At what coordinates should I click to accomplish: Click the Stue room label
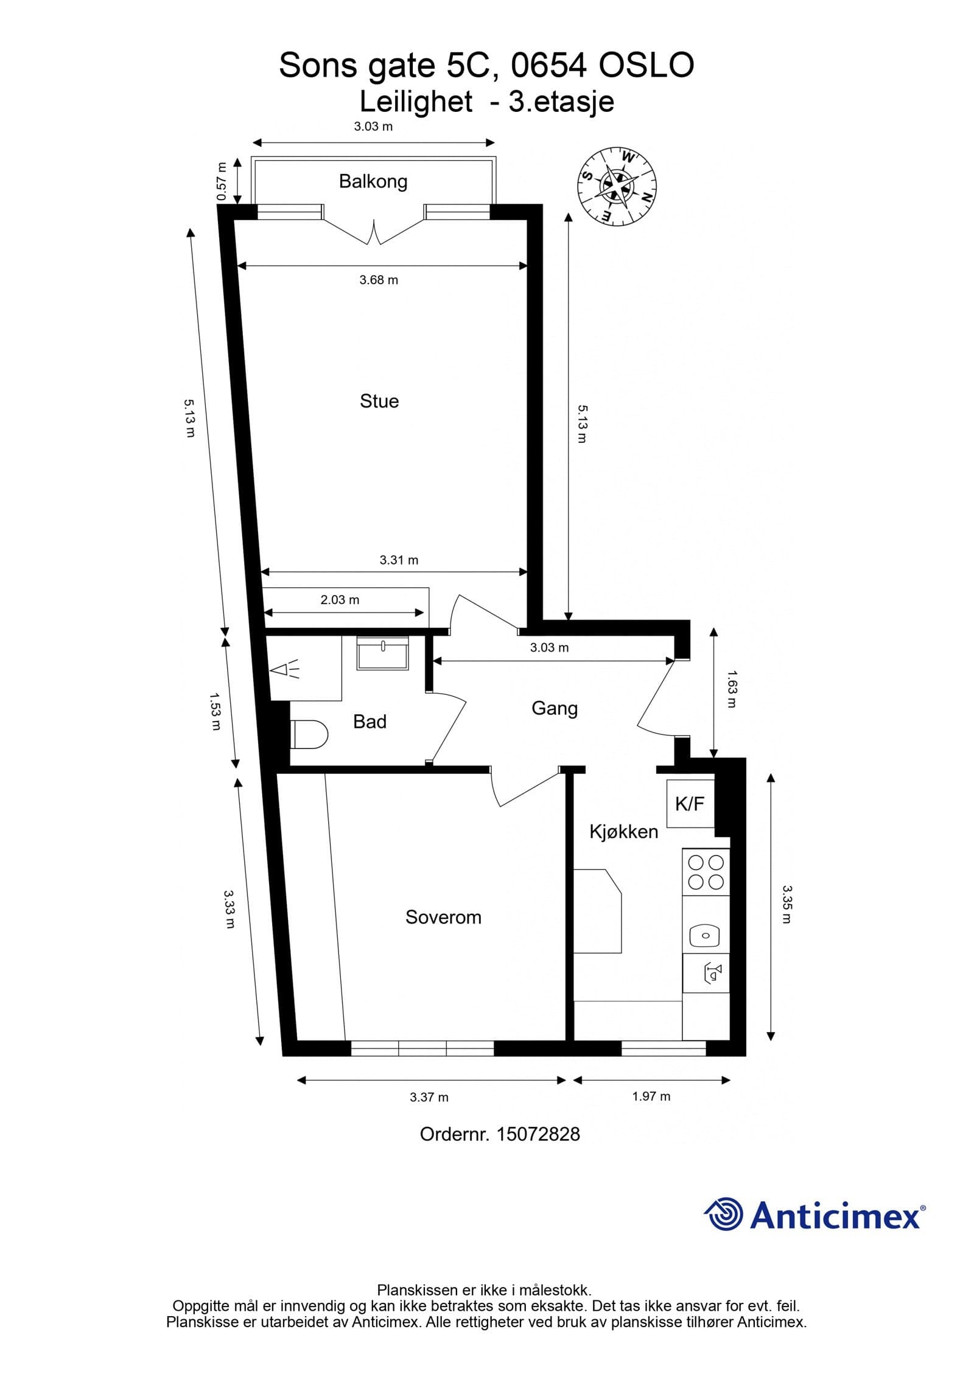tap(379, 401)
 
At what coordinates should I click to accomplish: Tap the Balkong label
tap(373, 181)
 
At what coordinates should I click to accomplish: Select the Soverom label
tap(443, 917)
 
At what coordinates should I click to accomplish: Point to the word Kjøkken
tap(624, 831)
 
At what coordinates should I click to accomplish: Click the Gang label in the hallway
tap(555, 708)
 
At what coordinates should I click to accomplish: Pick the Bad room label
tap(370, 722)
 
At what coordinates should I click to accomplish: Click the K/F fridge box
tap(690, 803)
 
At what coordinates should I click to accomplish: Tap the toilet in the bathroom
tap(310, 735)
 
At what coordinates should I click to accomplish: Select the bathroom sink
tap(383, 653)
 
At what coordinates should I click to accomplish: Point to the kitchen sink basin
tap(706, 935)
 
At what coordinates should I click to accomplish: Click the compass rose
tap(617, 186)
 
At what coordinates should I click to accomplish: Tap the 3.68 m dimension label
tap(379, 280)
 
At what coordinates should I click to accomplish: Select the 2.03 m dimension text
tap(340, 600)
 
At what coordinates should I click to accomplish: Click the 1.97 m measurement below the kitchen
tap(651, 1096)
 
